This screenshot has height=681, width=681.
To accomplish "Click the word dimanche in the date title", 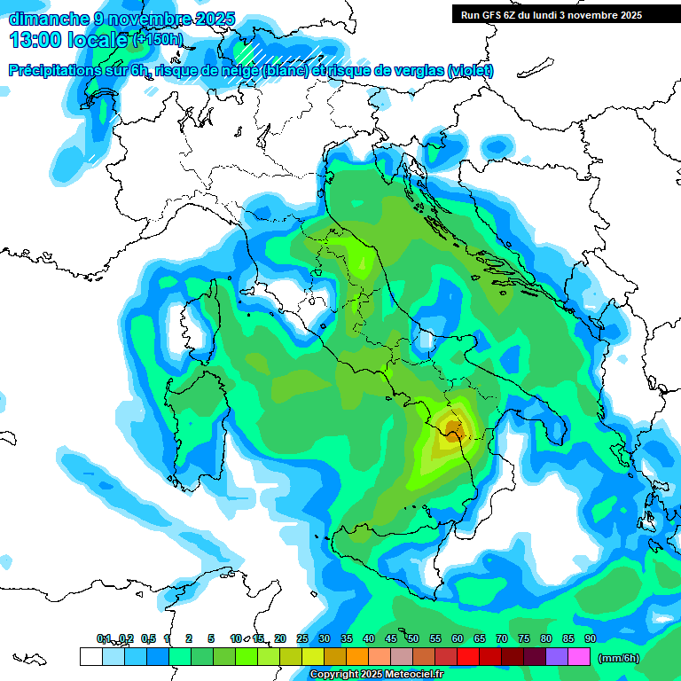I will tap(46, 19).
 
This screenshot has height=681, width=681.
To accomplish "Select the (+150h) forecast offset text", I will tap(158, 39).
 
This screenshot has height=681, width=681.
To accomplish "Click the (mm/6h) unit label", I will tap(618, 657).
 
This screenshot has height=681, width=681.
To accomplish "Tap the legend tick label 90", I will tap(590, 638).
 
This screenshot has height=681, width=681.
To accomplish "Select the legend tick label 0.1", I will tap(104, 638).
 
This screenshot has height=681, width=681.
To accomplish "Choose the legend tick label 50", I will tap(413, 638).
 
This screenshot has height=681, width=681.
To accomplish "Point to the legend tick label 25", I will tap(302, 638).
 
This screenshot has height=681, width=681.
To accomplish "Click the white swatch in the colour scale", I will tap(90, 656).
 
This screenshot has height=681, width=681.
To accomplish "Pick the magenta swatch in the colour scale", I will tap(579, 656).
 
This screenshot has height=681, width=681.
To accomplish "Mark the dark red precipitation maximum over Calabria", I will tap(454, 432).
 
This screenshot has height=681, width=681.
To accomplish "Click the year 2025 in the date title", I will tap(215, 19).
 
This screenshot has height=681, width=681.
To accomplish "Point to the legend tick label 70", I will tap(502, 638).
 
